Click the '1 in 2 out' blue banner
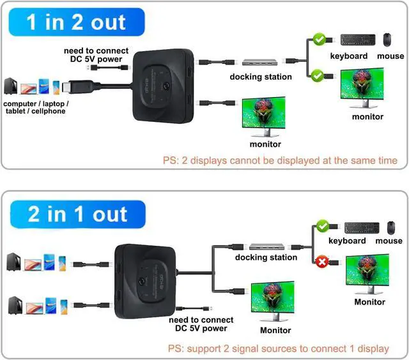77,22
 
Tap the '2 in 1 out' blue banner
78,214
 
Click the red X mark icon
322,262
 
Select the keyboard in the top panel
358,40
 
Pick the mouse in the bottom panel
390,228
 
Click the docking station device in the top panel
260,62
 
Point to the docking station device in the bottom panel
266,246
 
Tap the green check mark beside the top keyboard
320,40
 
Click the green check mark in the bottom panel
323,226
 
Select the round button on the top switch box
166,86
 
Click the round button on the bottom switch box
142,282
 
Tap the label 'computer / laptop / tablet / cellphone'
36,107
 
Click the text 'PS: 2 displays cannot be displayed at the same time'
280,160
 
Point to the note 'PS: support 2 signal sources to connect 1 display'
279,349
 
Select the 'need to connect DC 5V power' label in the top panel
96,55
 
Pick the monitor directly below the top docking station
264,116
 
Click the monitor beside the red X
367,274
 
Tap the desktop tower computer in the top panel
10,86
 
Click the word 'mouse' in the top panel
390,56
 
